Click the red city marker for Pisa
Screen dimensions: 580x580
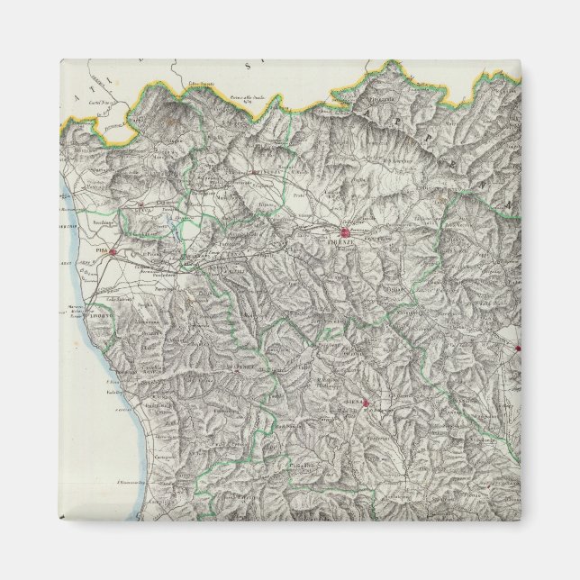point(112,252)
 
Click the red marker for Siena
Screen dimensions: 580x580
point(366,403)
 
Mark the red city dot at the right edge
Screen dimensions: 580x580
point(517,347)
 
